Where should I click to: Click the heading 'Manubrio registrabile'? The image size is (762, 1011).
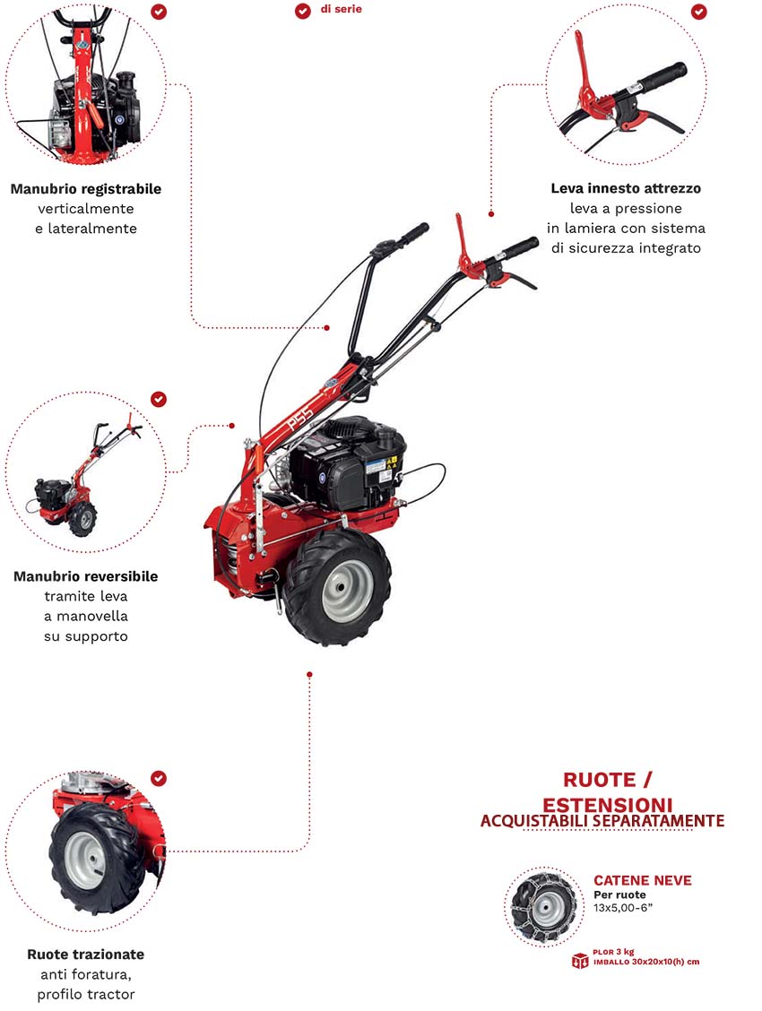[86, 189]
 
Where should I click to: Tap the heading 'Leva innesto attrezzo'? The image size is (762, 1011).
[626, 188]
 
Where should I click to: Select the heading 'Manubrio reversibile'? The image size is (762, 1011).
[85, 576]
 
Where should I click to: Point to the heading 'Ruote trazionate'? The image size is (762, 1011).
[85, 955]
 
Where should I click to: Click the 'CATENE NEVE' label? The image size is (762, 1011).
[643, 880]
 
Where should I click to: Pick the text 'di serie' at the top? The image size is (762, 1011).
[342, 10]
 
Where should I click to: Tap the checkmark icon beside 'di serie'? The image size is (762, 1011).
[302, 11]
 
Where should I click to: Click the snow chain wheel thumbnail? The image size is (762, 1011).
[543, 906]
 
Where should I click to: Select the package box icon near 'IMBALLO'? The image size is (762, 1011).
[580, 962]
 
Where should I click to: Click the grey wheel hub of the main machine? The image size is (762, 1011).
[347, 591]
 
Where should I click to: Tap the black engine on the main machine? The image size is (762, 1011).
[350, 466]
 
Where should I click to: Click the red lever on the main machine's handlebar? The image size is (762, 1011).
[465, 246]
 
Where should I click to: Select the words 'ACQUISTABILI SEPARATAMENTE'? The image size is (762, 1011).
[602, 820]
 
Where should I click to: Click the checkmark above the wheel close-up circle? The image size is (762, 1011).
[159, 779]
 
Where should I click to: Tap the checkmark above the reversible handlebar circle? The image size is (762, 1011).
[159, 399]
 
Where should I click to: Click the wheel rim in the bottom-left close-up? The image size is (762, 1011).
[86, 860]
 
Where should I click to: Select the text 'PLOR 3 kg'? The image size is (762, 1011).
[613, 952]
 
